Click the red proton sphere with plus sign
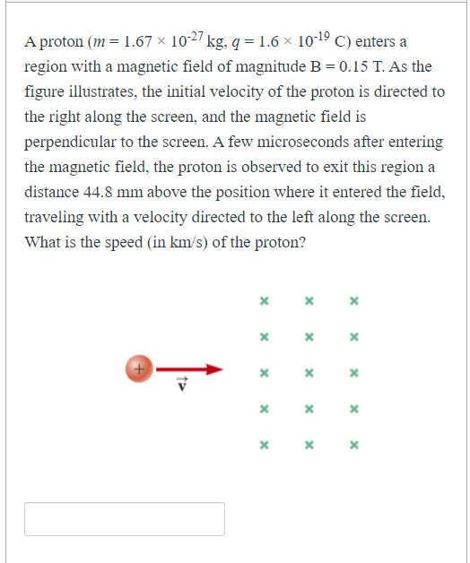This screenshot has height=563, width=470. [x=138, y=368]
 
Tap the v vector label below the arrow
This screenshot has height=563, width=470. [x=182, y=385]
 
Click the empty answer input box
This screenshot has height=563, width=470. [x=124, y=519]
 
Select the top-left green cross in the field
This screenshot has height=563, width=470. [x=264, y=301]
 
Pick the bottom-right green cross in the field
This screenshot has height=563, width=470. [x=354, y=444]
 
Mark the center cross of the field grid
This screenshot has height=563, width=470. [x=309, y=372]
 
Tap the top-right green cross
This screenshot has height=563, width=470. [x=354, y=301]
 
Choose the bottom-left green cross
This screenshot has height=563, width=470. [x=264, y=444]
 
